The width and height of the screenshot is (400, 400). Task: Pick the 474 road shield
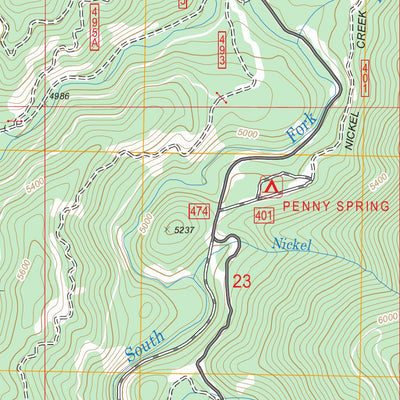coord(198,211)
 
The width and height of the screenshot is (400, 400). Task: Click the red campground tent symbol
coord(271,186)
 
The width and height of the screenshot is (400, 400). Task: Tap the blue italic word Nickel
coord(293,244)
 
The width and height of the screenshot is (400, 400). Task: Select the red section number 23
coord(242,281)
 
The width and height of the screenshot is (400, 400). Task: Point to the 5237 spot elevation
coord(181,229)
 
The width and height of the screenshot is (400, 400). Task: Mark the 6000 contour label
coord(387,317)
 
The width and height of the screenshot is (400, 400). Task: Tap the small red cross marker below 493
coord(221,97)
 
